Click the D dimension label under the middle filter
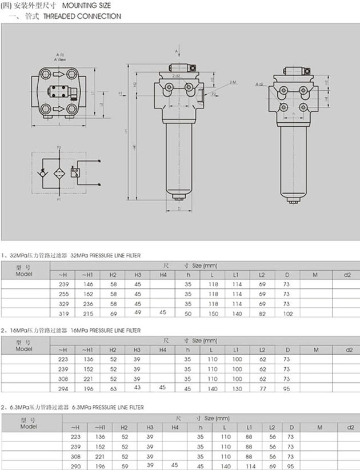(179, 209)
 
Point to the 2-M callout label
(233, 83)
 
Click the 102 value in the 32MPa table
(287, 314)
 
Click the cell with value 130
(236, 388)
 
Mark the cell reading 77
(262, 388)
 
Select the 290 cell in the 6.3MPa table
(75, 465)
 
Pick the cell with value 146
(87, 284)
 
